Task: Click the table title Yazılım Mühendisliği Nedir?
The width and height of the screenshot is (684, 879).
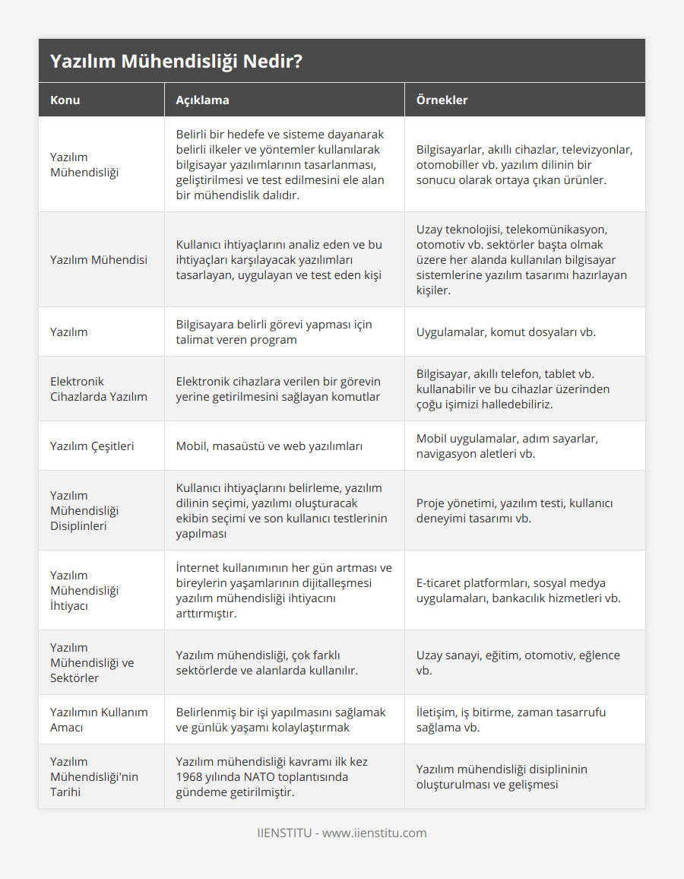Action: pos(177,62)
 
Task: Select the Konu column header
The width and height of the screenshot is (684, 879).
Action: pos(65,100)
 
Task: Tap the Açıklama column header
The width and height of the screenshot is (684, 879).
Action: pos(202,100)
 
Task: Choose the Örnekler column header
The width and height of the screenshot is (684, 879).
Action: pos(442,100)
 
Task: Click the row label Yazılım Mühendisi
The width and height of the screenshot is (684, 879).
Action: pos(99,259)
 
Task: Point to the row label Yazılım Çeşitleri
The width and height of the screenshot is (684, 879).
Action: pos(92,446)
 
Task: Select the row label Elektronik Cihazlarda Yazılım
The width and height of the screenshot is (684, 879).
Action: pos(99,389)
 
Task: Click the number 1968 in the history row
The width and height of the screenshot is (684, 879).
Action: pos(190,776)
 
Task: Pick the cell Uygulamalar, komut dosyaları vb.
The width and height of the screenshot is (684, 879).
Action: pos(506,332)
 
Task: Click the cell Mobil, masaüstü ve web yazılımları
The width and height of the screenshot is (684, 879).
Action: pos(269,446)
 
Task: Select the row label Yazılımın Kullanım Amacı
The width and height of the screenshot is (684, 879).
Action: pos(99,719)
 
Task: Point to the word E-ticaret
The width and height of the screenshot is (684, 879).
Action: pos(442,582)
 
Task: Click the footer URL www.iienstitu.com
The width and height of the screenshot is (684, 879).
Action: pos(375,833)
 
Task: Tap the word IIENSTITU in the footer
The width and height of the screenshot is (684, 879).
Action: pos(284,833)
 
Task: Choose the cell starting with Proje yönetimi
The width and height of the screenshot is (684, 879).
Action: pos(515,510)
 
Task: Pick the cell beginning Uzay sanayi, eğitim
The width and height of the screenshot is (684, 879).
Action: pos(518,662)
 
